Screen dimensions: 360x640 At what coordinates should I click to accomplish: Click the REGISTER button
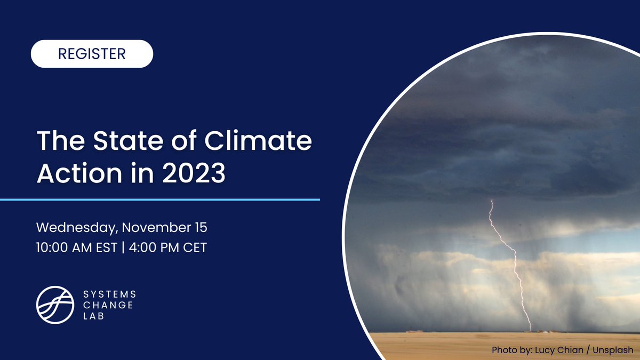click(x=92, y=54)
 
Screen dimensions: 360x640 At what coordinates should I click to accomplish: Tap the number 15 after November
click(x=200, y=228)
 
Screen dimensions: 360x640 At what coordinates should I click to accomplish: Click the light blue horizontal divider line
click(x=160, y=199)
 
